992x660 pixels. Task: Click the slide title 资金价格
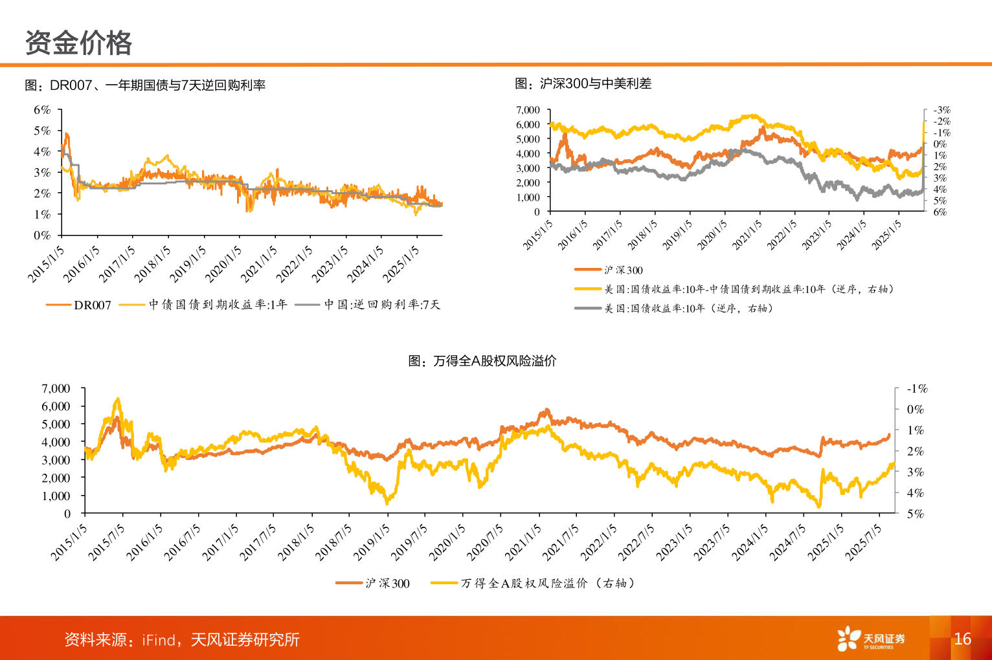(78, 43)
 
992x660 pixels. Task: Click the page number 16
(962, 639)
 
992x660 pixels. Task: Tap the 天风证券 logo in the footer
(871, 639)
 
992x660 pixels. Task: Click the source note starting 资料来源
(182, 640)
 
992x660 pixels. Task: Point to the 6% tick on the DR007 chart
(42, 110)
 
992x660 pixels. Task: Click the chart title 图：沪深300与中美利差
(583, 83)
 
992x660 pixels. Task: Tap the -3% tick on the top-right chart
(941, 110)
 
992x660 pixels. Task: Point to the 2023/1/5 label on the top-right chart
(817, 235)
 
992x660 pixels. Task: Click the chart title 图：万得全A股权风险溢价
(482, 361)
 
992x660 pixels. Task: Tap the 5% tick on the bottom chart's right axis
(915, 514)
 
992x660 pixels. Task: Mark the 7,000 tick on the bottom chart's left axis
(56, 388)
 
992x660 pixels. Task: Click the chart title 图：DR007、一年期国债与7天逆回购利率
(145, 85)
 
